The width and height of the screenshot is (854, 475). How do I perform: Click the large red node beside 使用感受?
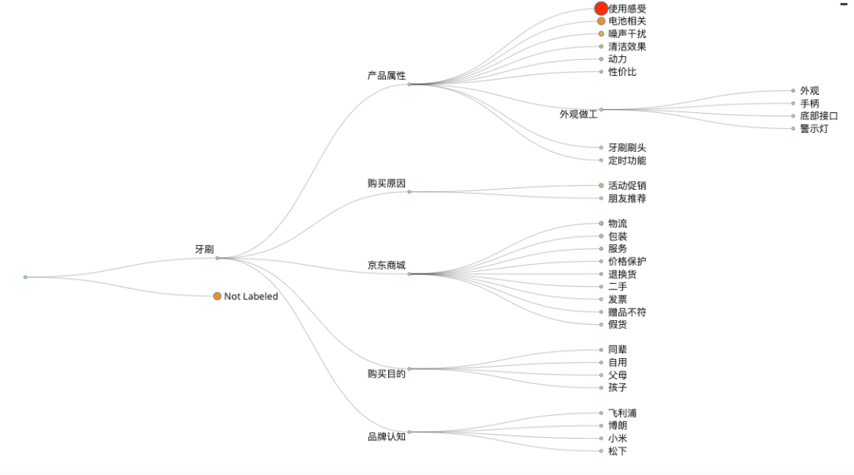(601, 9)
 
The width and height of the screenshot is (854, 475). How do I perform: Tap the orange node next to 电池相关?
(601, 21)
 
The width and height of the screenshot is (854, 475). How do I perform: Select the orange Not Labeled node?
(217, 296)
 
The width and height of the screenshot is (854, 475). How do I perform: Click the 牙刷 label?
(204, 250)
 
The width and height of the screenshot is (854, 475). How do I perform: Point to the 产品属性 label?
(386, 76)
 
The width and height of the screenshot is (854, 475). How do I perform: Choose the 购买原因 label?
(386, 183)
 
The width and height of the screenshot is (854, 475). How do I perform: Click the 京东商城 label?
(386, 266)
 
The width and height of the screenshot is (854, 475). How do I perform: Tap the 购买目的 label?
(386, 374)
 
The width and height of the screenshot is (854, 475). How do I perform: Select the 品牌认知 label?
(386, 437)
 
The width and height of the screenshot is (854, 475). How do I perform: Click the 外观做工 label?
(578, 114)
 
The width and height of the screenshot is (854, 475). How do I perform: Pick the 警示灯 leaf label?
(814, 129)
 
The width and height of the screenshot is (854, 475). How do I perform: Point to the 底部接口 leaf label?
(818, 116)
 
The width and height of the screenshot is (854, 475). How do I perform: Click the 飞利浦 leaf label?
(622, 413)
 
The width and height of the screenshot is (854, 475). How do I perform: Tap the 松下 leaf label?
(618, 451)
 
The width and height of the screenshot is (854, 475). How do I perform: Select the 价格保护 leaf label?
(627, 262)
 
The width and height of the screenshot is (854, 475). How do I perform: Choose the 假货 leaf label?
(618, 325)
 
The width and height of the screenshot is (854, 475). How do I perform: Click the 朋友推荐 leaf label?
(627, 198)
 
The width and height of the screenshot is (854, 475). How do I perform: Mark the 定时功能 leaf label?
(627, 160)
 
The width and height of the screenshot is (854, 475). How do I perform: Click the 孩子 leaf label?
(618, 388)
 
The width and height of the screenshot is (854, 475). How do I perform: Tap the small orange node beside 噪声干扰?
(601, 34)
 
